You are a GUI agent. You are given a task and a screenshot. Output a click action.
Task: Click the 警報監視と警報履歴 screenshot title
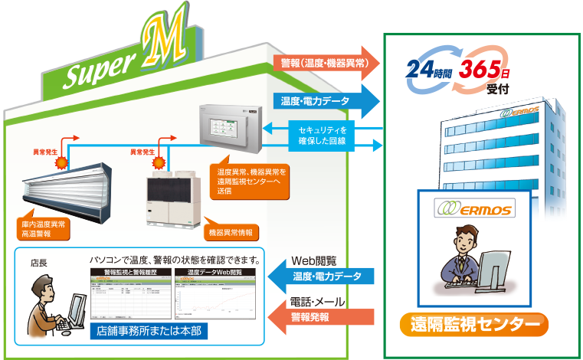tap(129, 273)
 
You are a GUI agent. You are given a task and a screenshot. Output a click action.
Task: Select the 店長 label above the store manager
tap(38, 263)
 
